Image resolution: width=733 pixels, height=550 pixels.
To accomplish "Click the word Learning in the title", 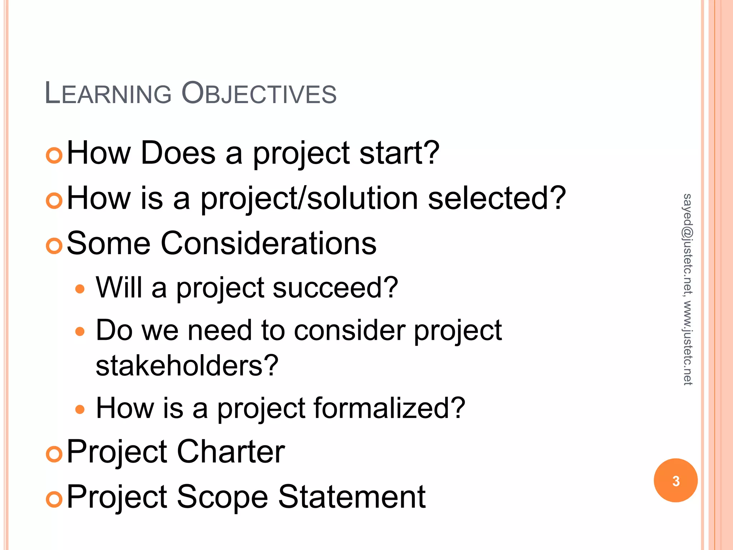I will [x=108, y=94].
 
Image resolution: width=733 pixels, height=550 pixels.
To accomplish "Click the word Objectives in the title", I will [x=259, y=94].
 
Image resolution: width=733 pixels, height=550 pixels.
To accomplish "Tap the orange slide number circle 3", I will [x=675, y=481].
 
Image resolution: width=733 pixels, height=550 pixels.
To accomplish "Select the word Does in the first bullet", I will [x=178, y=153].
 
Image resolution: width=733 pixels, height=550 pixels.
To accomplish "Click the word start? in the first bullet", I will [x=399, y=153].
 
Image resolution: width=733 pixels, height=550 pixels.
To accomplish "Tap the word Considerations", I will [x=268, y=243].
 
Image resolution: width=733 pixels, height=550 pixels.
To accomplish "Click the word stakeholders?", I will [x=187, y=366].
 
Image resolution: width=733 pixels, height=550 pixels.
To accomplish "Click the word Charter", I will [x=231, y=452].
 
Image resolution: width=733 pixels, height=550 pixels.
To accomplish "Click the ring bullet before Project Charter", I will [x=54, y=454].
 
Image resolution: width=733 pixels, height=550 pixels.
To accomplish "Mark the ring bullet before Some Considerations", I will [x=54, y=246].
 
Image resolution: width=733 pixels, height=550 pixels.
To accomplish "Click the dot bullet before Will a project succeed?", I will [x=80, y=289].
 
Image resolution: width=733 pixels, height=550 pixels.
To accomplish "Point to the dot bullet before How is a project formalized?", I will [x=80, y=409].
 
